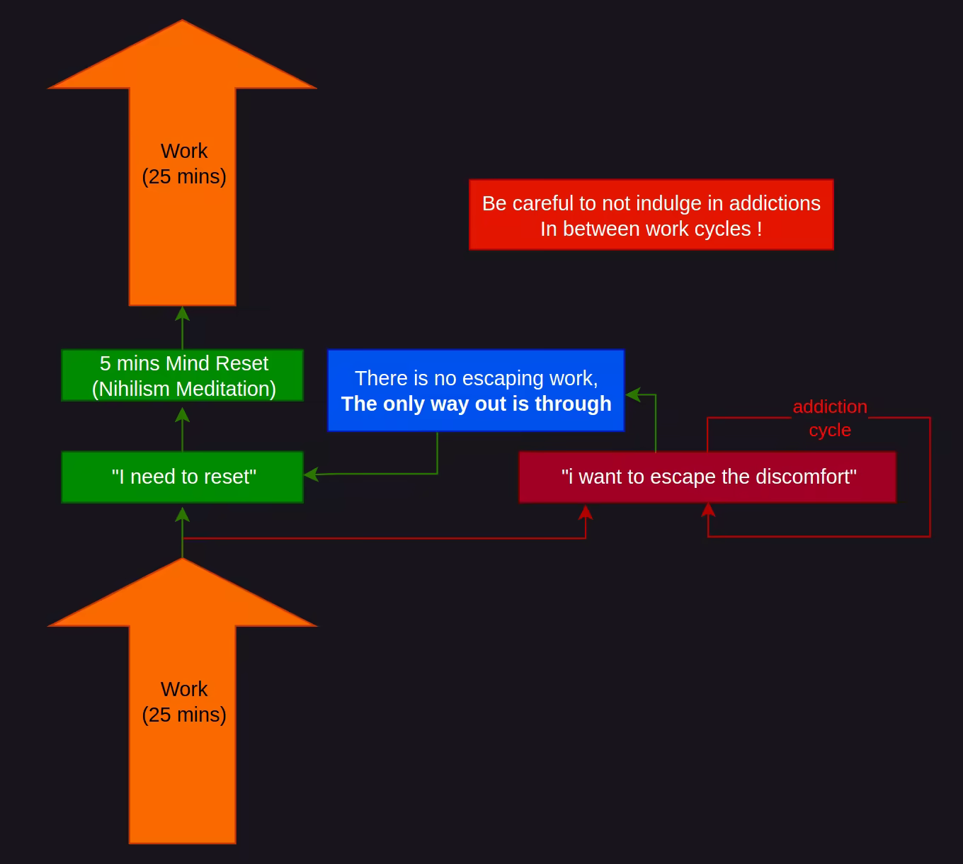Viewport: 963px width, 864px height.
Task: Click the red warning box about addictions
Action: (x=651, y=215)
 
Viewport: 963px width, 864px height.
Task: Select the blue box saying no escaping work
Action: (x=476, y=390)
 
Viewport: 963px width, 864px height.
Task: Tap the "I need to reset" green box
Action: (x=183, y=477)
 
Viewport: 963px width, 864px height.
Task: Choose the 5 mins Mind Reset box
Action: (x=183, y=375)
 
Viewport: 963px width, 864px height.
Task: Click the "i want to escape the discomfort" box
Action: (x=707, y=477)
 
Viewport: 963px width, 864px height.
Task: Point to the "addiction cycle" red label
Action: (x=830, y=418)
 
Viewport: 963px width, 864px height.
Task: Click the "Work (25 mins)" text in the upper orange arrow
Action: (x=184, y=164)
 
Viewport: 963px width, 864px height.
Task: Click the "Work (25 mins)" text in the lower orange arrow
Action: (x=184, y=702)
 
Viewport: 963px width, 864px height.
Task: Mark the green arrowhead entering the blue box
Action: (x=632, y=394)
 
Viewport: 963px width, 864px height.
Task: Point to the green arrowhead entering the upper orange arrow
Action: (x=183, y=312)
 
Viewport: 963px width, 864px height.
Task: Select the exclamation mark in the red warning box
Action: (x=759, y=229)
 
